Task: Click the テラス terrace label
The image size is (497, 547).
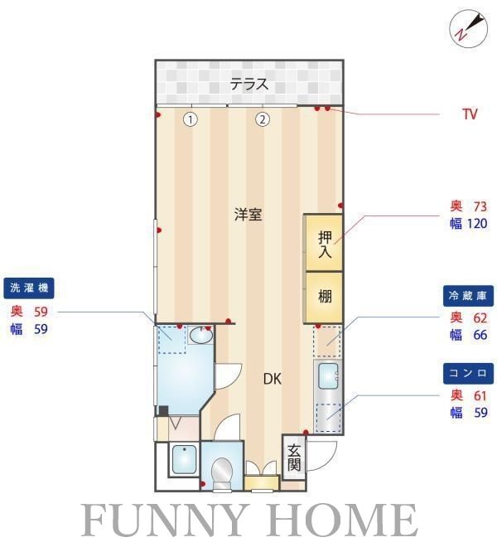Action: coord(249,83)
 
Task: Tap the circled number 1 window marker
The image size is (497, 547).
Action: coord(191,119)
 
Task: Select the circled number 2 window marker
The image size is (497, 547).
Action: coord(263,119)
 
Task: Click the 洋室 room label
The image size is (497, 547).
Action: coord(248,215)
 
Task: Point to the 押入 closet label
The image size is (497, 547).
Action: coord(325,244)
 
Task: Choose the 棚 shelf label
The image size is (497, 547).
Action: coord(325,295)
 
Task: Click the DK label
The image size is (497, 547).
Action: coord(273,380)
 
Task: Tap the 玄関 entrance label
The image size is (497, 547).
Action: coord(294,457)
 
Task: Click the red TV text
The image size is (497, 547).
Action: coord(470,114)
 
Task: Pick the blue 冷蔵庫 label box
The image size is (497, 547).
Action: coord(470,295)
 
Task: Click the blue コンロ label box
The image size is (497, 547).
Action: coord(470,372)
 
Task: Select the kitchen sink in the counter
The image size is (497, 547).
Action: coord(328,374)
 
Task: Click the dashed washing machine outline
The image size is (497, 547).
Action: coord(172,339)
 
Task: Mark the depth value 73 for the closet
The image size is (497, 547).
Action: coord(478,206)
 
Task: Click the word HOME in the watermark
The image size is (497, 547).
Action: coord(348,520)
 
